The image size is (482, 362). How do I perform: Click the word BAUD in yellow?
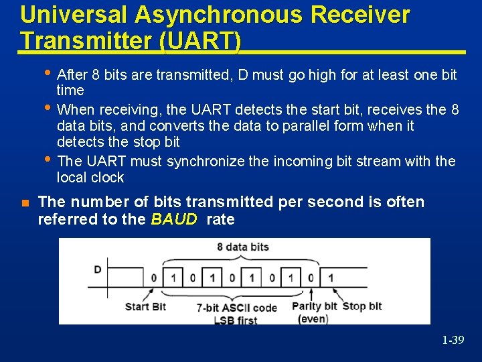[174, 219]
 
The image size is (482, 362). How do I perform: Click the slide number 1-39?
[453, 341]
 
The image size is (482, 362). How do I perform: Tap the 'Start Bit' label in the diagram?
[145, 306]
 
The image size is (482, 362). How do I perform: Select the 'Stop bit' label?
[362, 306]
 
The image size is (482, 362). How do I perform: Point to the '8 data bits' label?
[247, 247]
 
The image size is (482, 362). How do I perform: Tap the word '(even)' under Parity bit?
[313, 318]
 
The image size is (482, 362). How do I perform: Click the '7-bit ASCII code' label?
[236, 308]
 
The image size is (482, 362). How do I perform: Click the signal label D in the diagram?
[98, 269]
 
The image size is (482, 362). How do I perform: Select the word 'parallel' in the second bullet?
[331, 125]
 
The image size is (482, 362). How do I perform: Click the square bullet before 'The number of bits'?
[25, 202]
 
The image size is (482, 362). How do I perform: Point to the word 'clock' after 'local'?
[108, 178]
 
